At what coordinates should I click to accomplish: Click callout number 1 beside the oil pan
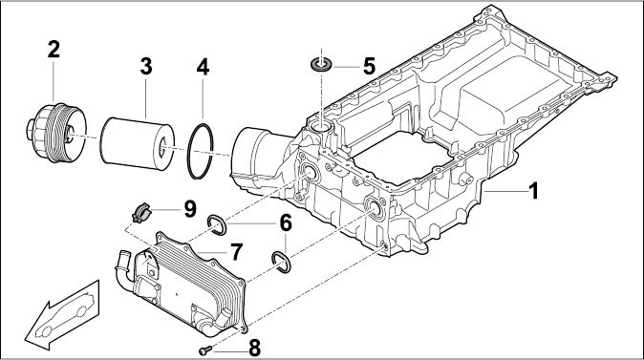click(x=533, y=191)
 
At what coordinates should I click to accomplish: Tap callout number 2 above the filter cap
click(x=54, y=50)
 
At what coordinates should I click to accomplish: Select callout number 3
click(x=146, y=67)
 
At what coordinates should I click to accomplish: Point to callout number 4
click(x=203, y=67)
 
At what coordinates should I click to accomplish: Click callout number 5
click(x=369, y=66)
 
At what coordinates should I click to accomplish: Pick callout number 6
click(x=286, y=222)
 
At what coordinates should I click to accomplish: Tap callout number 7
click(x=236, y=252)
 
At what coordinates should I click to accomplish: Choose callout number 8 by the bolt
click(x=255, y=349)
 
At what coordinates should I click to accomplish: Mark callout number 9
click(x=190, y=209)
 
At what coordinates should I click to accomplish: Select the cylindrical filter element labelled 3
click(x=138, y=143)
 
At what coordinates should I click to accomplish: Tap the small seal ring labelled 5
click(x=321, y=64)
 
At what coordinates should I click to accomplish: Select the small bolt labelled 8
click(x=205, y=350)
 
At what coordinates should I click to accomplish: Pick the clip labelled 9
click(x=140, y=213)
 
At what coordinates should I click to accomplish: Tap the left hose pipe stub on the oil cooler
click(x=122, y=266)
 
